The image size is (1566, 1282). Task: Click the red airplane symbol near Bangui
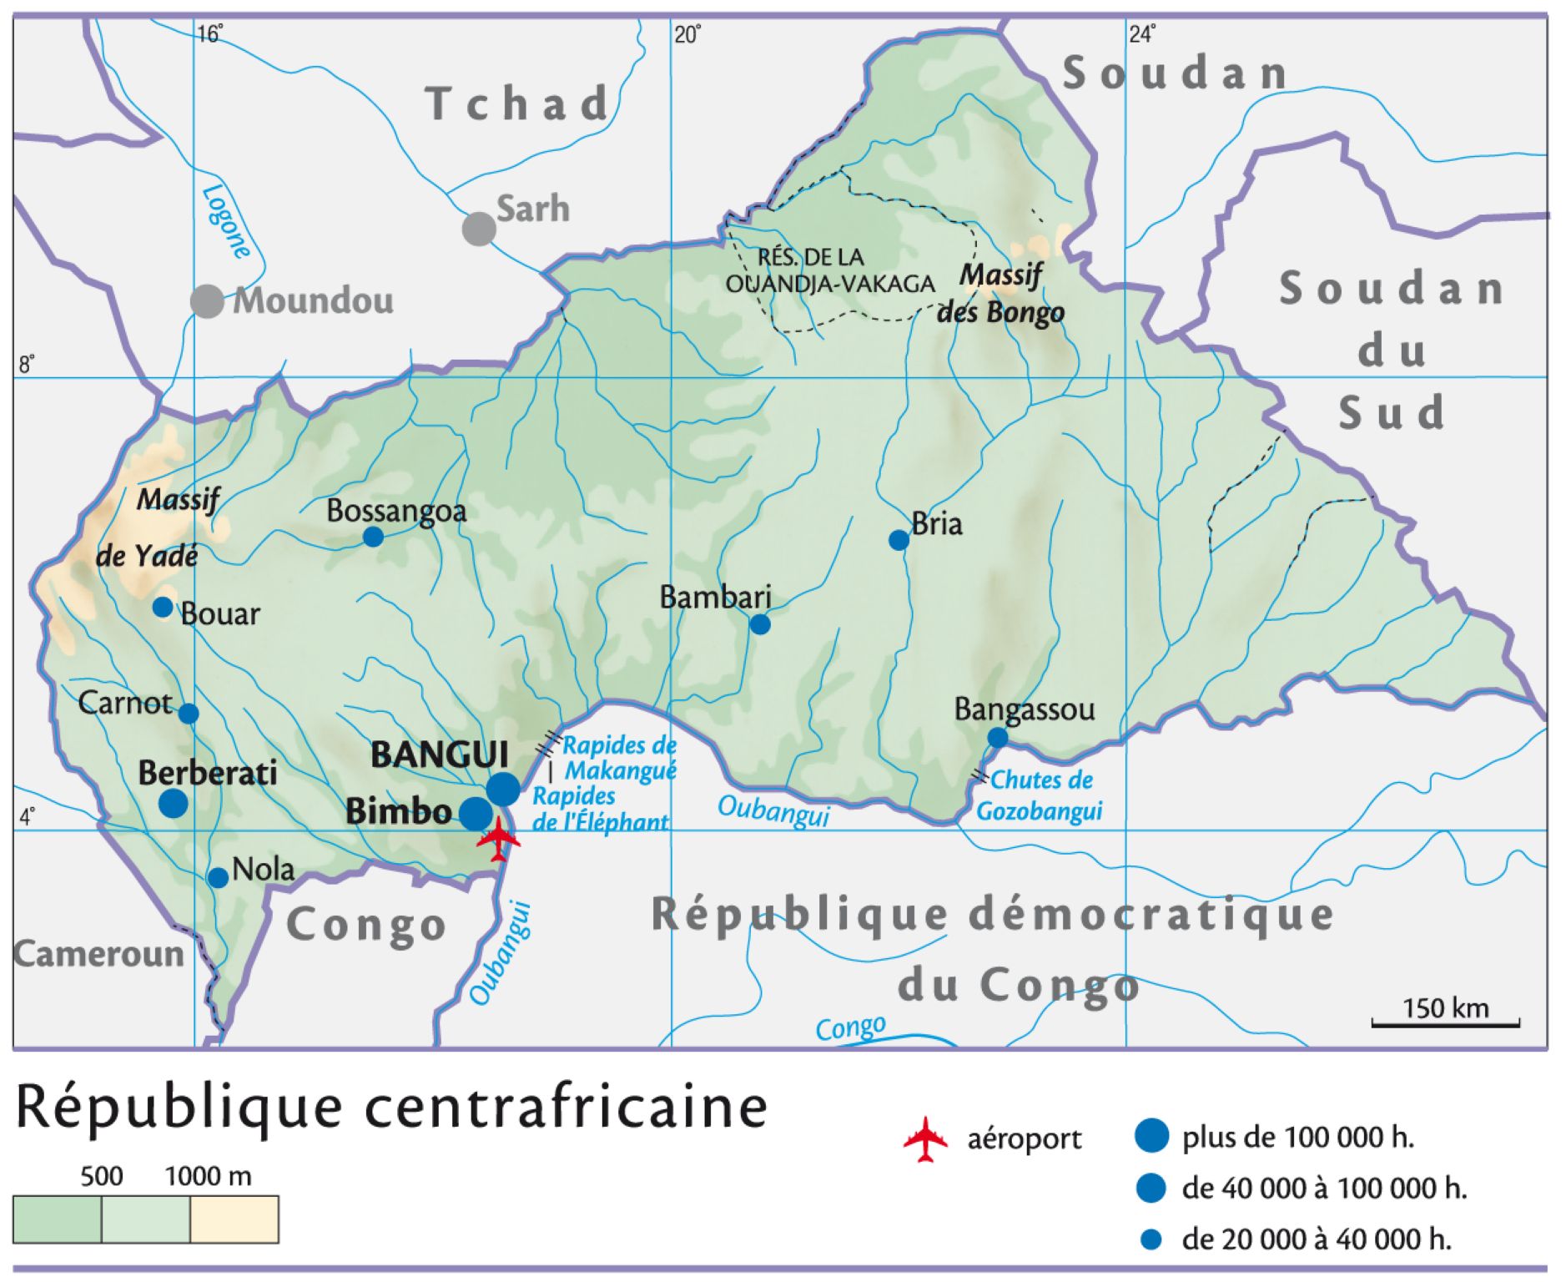pos(498,839)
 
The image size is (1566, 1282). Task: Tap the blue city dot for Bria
pos(898,540)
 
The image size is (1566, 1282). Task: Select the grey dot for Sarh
pos(479,228)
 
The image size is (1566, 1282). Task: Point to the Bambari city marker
pos(759,624)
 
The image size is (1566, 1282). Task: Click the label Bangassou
pos(1024,709)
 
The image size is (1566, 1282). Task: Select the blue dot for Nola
pos(218,878)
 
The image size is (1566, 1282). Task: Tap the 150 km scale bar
pos(1445,1022)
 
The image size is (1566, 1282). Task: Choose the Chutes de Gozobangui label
pos(1040,795)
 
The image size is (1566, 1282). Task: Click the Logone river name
pos(226,221)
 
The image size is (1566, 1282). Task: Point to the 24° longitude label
pos(1142,34)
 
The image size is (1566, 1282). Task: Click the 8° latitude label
pos(27,365)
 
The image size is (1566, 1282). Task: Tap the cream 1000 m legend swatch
pos(234,1219)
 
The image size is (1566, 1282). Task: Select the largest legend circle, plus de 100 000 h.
pos(1151,1137)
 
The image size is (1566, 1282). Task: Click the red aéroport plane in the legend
pos(925,1138)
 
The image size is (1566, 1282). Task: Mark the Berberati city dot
pos(174,803)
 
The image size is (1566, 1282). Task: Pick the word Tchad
pos(517,103)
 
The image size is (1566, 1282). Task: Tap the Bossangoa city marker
pos(373,537)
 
